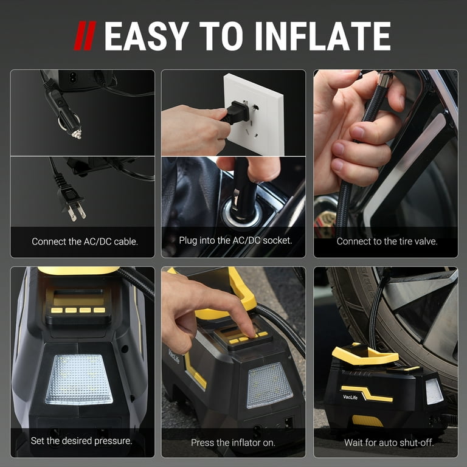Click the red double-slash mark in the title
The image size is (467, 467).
[x=85, y=36]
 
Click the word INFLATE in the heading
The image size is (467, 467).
[x=322, y=36]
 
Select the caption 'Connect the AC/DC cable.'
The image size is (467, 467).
[x=85, y=241]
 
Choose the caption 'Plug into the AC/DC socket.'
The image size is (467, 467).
[x=235, y=240]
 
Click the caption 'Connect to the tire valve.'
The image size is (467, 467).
[x=387, y=241]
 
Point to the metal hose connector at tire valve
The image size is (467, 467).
[x=384, y=80]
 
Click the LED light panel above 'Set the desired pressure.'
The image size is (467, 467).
[x=79, y=378]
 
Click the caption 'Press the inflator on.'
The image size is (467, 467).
[x=233, y=443]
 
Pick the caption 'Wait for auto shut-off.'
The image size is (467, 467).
[x=389, y=443]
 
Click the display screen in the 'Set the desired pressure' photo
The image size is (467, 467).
[x=73, y=298]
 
